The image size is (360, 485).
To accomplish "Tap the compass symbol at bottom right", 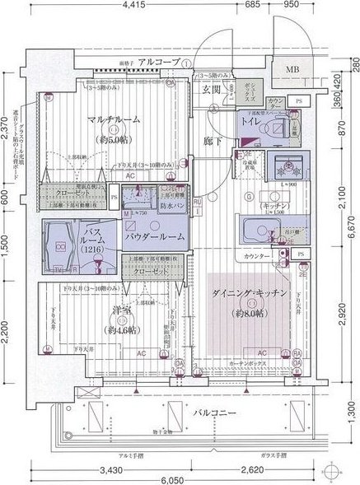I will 333,472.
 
